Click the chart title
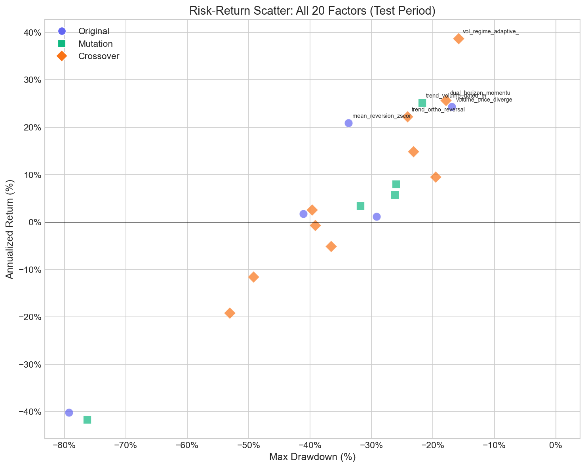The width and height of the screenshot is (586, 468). (x=312, y=11)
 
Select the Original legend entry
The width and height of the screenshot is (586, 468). (x=93, y=31)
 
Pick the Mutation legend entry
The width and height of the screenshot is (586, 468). (x=95, y=44)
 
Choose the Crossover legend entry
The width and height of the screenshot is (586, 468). (x=99, y=56)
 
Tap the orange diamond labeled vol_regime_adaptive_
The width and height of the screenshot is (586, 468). (x=459, y=38)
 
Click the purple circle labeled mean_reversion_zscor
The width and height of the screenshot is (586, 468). (x=348, y=123)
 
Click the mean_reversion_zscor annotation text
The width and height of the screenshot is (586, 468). (x=381, y=116)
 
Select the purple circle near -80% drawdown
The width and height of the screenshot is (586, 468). (x=69, y=412)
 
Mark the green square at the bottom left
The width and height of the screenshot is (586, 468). (x=87, y=420)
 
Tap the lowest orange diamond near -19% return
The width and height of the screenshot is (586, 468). (x=230, y=313)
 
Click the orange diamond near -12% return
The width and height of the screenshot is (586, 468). (x=253, y=277)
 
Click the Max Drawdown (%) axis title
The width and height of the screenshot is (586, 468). (x=312, y=457)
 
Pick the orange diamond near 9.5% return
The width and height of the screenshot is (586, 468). (x=436, y=177)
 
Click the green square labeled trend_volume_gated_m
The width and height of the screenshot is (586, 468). (x=422, y=103)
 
